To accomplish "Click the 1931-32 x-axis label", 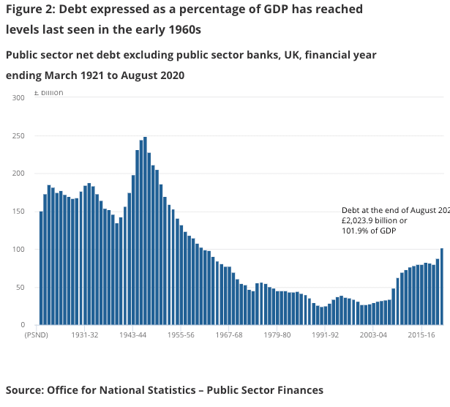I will pos(85,335).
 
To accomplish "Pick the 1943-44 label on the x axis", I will pos(132,335).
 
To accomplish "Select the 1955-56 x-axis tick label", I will pos(181,335).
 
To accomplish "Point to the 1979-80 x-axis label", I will pos(277,335).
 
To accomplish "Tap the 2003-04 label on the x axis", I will pos(372,335).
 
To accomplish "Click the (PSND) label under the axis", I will pos(37,335).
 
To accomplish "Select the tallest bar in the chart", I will pos(145,231).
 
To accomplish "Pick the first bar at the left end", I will pos(41,268).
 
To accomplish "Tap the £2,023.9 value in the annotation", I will pos(361,220).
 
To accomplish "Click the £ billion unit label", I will pos(49,93).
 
